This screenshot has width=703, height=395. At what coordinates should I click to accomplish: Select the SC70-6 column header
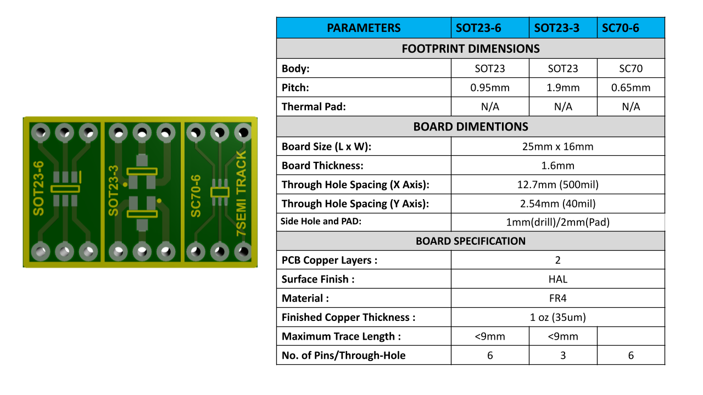(x=620, y=28)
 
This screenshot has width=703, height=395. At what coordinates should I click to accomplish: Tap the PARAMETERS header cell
(x=364, y=28)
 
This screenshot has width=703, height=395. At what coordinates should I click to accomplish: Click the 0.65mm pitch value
(x=631, y=88)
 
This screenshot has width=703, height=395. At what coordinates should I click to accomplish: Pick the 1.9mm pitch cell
(x=563, y=88)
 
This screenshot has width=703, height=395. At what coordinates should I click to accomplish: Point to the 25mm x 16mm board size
(x=557, y=146)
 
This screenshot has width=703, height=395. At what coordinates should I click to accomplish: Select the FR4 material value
(x=557, y=298)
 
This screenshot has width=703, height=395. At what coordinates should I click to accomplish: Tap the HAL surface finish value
(x=557, y=279)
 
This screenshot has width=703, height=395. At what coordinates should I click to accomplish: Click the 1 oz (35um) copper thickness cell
(x=557, y=317)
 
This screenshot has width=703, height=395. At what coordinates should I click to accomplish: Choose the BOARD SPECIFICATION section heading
(x=470, y=241)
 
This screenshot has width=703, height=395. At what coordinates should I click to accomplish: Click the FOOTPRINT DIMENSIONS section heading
(x=470, y=49)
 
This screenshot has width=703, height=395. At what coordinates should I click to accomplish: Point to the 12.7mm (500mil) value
(x=557, y=184)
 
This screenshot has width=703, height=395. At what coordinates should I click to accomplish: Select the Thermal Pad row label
(x=314, y=107)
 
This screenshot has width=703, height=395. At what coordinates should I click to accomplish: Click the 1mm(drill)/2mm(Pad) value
(x=557, y=222)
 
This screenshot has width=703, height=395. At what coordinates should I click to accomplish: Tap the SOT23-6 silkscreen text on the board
(x=38, y=188)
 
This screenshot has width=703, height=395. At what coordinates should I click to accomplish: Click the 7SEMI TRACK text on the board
(x=242, y=194)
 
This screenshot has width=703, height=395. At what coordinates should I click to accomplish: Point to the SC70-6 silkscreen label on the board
(x=196, y=196)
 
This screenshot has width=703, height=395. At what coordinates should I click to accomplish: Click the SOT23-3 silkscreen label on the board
(x=114, y=190)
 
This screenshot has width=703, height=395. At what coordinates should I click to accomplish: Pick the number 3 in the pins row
(x=563, y=356)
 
